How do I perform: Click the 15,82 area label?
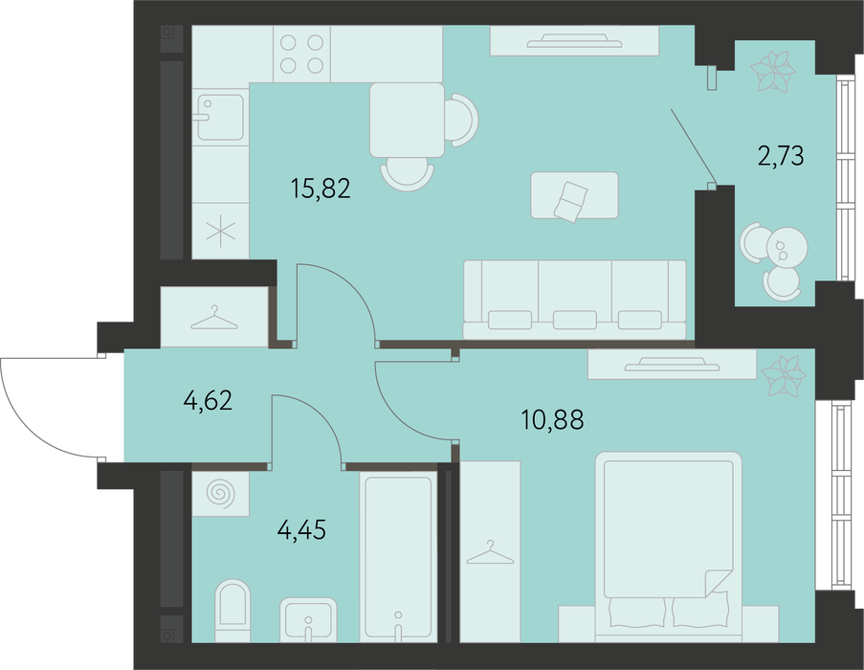[321, 189]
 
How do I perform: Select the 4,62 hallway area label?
[208, 400]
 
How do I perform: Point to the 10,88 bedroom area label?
[552, 420]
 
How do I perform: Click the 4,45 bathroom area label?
[301, 529]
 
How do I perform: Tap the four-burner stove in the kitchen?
[301, 54]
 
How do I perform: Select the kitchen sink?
[220, 117]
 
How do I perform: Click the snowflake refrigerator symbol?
[220, 231]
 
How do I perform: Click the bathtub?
[398, 556]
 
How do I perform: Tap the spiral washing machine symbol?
[220, 493]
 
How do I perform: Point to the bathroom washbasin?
[308, 620]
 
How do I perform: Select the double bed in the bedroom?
[669, 540]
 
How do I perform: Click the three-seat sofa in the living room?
[575, 300]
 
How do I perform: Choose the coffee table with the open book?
[574, 195]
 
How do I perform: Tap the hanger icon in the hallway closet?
[214, 318]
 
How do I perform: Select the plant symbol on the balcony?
[773, 71]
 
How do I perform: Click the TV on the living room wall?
[574, 41]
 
